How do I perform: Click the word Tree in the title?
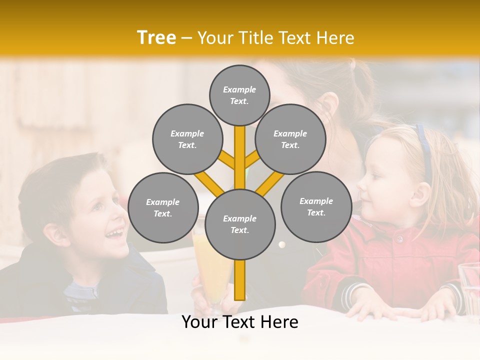pos(156,38)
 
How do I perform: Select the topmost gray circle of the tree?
pos(239,95)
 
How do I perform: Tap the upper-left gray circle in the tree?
pos(187,139)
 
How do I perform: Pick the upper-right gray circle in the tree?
pos(290,139)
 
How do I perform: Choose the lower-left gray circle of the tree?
pos(163,207)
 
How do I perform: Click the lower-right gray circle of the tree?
pos(316,206)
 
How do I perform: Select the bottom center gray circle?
pos(240,224)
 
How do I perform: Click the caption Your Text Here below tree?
pos(240,322)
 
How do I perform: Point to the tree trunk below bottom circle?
pos(240,280)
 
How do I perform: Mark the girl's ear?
pos(419,194)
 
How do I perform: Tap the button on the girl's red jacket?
pos(399,239)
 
